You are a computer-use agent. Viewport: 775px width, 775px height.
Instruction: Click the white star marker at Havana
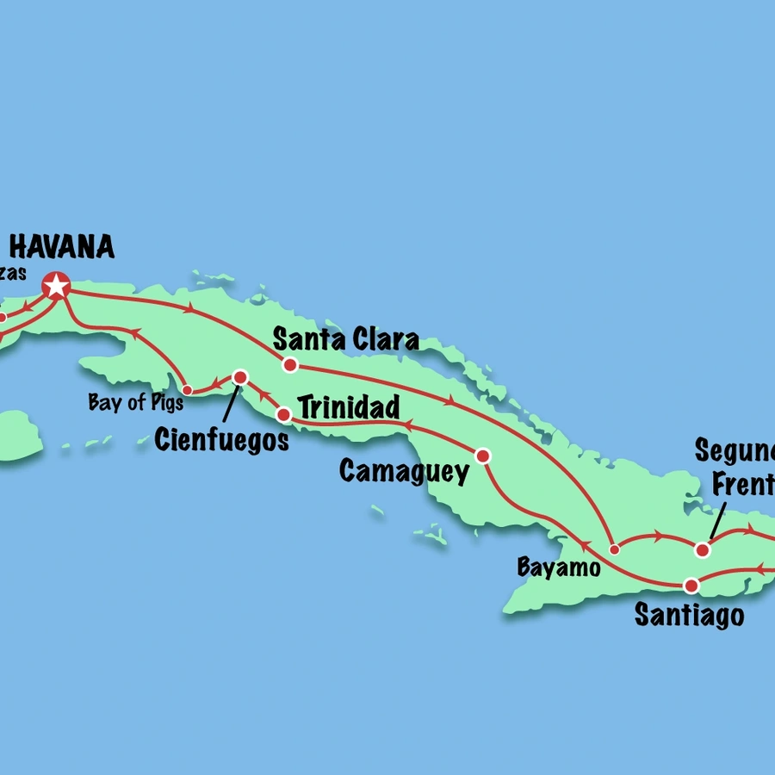[x=57, y=285]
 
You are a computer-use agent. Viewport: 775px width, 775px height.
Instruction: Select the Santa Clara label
[x=346, y=339]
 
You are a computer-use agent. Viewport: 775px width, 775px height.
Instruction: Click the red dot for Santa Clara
[x=290, y=365]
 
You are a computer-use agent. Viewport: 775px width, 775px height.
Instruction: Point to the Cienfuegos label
[x=221, y=440]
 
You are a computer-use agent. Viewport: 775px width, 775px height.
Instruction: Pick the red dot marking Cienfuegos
[x=240, y=377]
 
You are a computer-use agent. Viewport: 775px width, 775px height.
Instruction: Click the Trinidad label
[x=349, y=407]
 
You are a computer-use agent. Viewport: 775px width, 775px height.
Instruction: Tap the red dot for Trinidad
[x=282, y=415]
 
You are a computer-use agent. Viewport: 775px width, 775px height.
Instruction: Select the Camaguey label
[x=404, y=471]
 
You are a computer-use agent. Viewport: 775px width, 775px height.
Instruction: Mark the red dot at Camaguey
[x=483, y=456]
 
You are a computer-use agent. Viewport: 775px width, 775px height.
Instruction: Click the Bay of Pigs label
[x=136, y=403]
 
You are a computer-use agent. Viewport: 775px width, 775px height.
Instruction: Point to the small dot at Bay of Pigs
[x=187, y=391]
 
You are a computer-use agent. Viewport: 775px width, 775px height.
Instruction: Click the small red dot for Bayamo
[x=614, y=549]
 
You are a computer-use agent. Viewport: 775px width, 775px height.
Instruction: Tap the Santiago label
[x=689, y=616]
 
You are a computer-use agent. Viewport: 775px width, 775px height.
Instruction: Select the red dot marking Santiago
[x=691, y=586]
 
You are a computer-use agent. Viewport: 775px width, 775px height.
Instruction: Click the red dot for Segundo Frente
[x=703, y=549]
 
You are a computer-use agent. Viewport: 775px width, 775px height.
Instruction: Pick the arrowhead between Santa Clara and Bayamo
[x=449, y=402]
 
